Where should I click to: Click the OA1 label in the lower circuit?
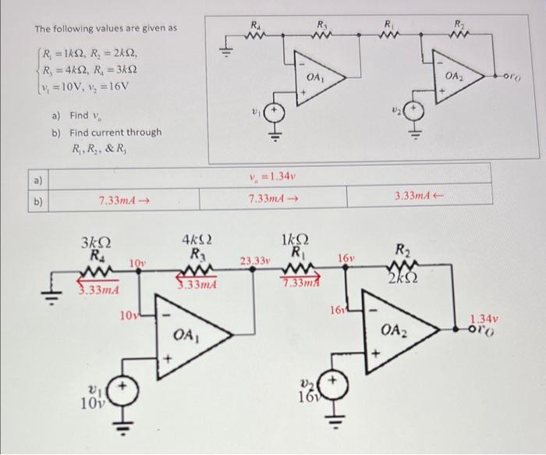pos(184,335)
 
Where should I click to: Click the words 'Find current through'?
pos(115,132)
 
